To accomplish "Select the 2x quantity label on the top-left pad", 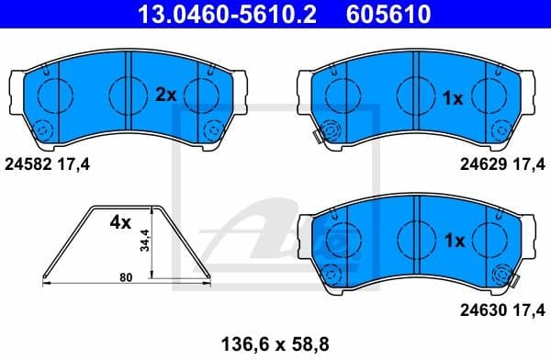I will point(165,95).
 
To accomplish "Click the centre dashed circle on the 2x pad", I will point(127,92).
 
